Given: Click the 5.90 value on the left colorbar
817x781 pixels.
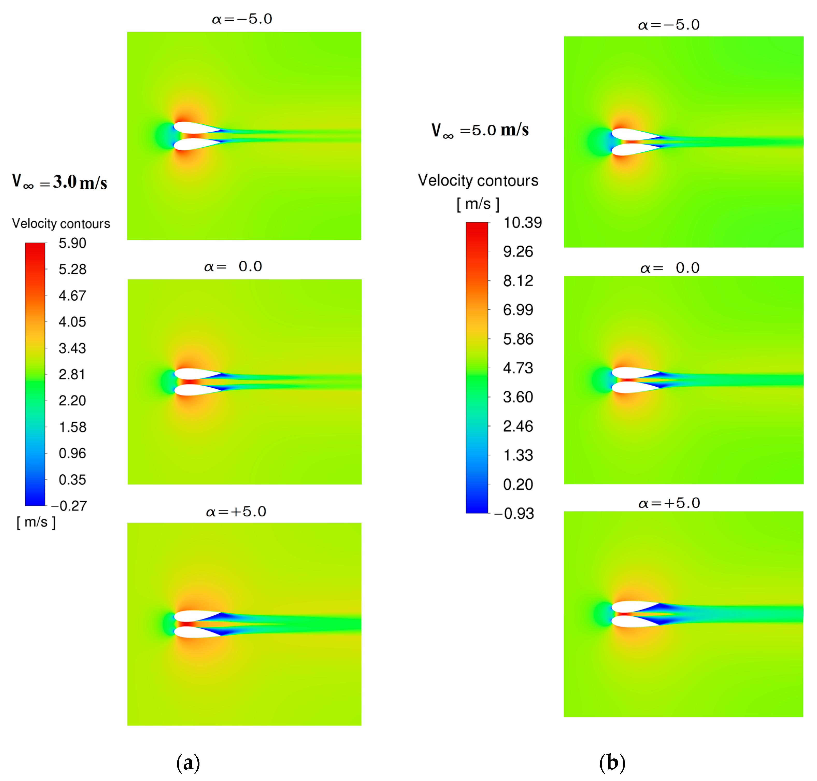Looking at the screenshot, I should click(72, 243).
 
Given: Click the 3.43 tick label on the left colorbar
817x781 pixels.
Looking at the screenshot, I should click(72, 348).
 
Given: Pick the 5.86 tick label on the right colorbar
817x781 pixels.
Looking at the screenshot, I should click(518, 339).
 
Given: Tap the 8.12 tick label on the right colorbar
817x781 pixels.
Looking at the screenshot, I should click(518, 281).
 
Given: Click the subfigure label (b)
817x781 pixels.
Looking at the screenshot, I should click(612, 762).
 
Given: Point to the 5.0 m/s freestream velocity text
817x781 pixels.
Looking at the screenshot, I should click(480, 130).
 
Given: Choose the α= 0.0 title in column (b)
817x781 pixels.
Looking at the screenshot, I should click(669, 268).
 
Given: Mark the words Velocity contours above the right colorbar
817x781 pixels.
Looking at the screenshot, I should click(478, 181).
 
